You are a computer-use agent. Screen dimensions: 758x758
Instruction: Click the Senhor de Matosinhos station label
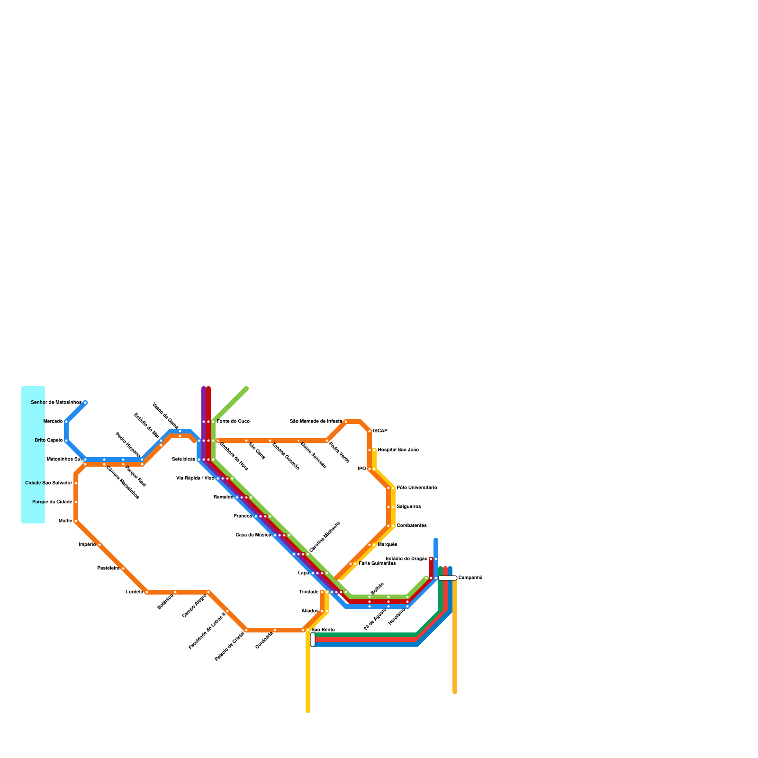(x=56, y=403)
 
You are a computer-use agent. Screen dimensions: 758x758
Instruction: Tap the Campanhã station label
(x=470, y=578)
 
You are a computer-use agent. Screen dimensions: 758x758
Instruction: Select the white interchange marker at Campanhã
(x=448, y=578)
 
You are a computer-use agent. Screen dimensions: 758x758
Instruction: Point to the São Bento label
(x=323, y=630)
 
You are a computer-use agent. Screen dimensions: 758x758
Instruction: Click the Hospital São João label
(x=398, y=450)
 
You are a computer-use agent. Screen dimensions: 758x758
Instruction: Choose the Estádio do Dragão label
(x=406, y=559)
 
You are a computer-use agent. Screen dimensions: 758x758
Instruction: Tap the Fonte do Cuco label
(x=233, y=422)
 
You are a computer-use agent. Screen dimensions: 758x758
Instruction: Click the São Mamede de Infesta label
(x=316, y=422)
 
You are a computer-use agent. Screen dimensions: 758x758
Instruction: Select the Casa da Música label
(x=253, y=535)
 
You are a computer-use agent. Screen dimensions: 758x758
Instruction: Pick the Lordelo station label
(x=135, y=592)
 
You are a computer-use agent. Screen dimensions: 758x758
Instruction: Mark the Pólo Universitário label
(x=417, y=488)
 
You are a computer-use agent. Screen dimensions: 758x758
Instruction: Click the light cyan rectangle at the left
(x=33, y=455)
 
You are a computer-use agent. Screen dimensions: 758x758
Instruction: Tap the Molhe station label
(x=65, y=521)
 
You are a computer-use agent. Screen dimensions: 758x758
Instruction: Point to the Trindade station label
(x=309, y=592)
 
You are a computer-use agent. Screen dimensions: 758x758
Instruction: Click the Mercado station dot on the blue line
(x=66, y=422)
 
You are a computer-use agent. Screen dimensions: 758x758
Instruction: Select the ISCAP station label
(x=380, y=431)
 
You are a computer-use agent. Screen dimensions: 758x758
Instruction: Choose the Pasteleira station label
(x=108, y=568)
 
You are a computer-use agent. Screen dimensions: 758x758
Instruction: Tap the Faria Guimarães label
(x=377, y=564)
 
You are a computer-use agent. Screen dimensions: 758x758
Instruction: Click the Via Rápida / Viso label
(x=195, y=478)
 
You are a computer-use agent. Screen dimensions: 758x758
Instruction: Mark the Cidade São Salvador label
(x=48, y=483)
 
